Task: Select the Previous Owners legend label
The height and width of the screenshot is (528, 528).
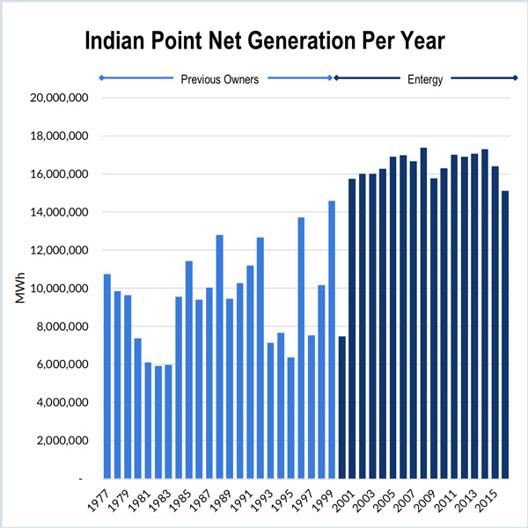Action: click(220, 79)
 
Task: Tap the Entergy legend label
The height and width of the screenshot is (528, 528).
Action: click(424, 79)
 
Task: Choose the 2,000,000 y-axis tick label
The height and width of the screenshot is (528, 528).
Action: click(60, 440)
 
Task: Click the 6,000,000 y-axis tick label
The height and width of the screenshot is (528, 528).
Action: click(60, 364)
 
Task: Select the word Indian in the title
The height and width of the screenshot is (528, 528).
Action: click(118, 41)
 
